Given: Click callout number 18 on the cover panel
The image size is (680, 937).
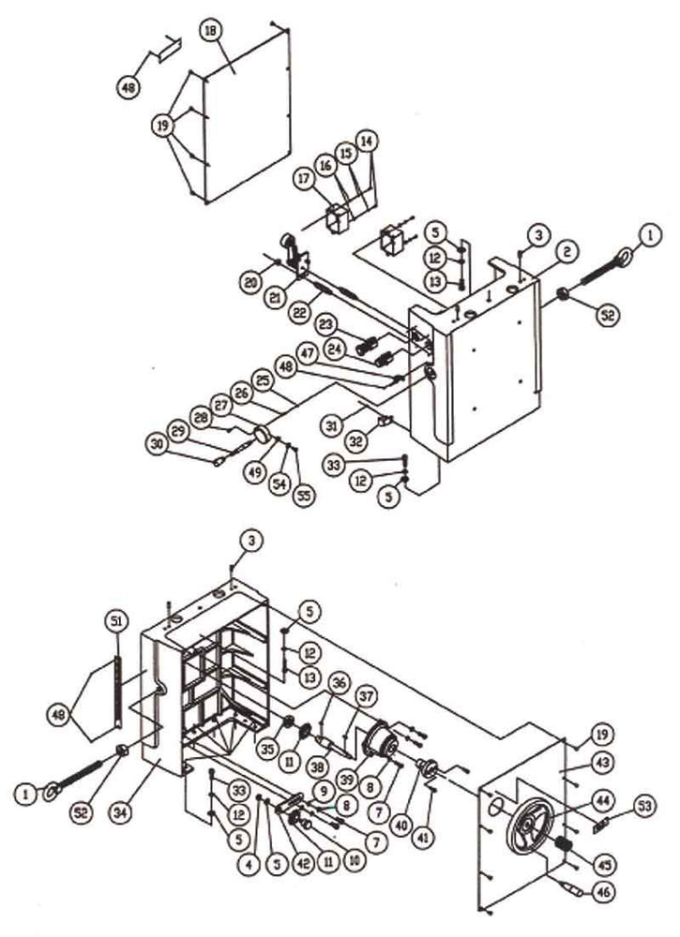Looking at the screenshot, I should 211,31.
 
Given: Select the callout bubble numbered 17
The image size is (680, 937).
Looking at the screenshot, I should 305,176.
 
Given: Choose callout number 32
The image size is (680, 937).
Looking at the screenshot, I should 356,439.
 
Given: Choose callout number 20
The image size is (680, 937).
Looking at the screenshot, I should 248,281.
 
